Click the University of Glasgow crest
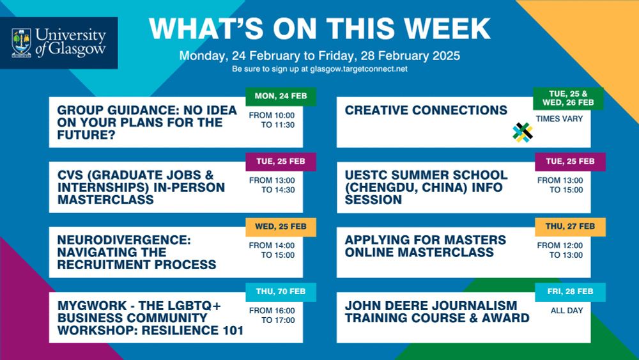(x=22, y=43)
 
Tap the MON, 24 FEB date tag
(x=281, y=97)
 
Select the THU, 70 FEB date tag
(x=281, y=292)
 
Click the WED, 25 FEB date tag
(x=281, y=227)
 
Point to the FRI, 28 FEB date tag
(x=570, y=292)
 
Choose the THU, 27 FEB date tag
(x=570, y=227)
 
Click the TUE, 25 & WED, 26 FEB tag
(x=568, y=98)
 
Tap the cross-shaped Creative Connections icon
(x=523, y=132)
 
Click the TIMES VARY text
(x=559, y=119)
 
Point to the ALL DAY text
(x=567, y=311)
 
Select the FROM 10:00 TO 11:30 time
(x=272, y=120)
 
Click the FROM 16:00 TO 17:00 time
(x=272, y=316)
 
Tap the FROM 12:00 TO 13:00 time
(x=560, y=250)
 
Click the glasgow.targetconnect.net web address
(x=358, y=69)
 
